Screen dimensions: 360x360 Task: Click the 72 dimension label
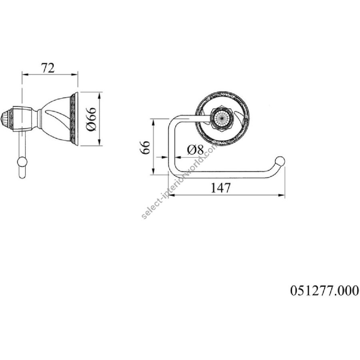pyautogui.click(x=48, y=68)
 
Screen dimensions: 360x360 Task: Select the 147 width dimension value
pyautogui.click(x=220, y=188)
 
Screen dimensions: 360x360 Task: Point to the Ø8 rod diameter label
pyautogui.click(x=195, y=150)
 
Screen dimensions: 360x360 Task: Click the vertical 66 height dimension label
pyautogui.click(x=145, y=147)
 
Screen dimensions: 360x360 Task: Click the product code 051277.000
pyautogui.click(x=324, y=290)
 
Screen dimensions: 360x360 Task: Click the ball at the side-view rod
pyautogui.click(x=22, y=162)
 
